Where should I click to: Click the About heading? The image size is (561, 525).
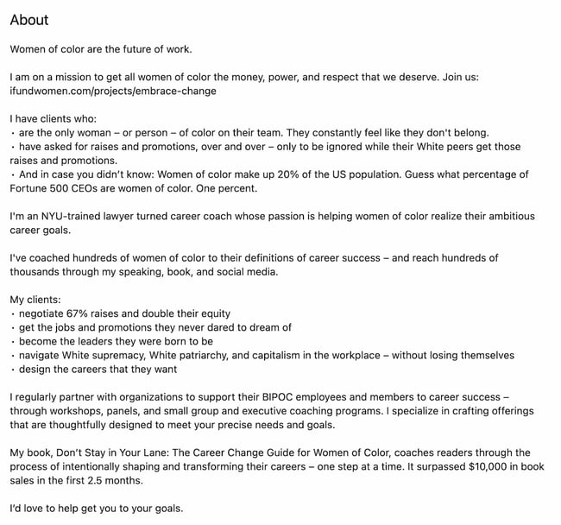point(29,20)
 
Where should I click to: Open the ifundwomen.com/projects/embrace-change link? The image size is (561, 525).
point(113,91)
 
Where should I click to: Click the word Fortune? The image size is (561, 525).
point(33,188)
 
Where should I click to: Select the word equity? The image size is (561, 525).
point(212,313)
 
